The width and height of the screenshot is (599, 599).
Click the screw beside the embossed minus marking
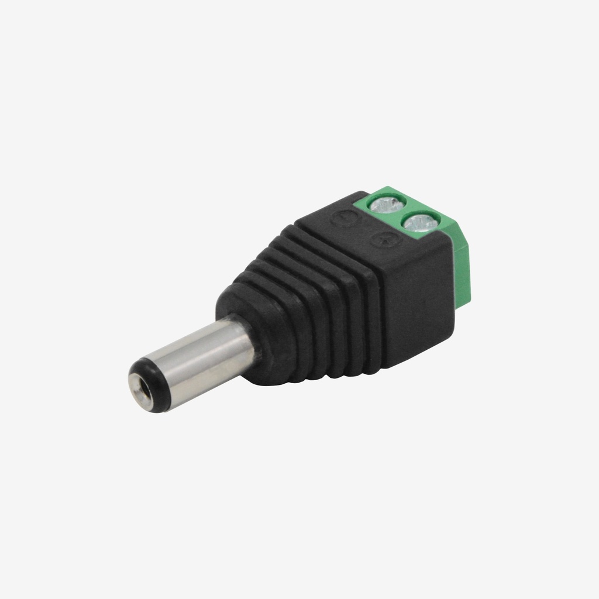387,204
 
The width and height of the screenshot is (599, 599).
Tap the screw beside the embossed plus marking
421,222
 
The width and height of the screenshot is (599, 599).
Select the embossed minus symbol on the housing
341,218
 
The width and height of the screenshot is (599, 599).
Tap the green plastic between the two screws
404,214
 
